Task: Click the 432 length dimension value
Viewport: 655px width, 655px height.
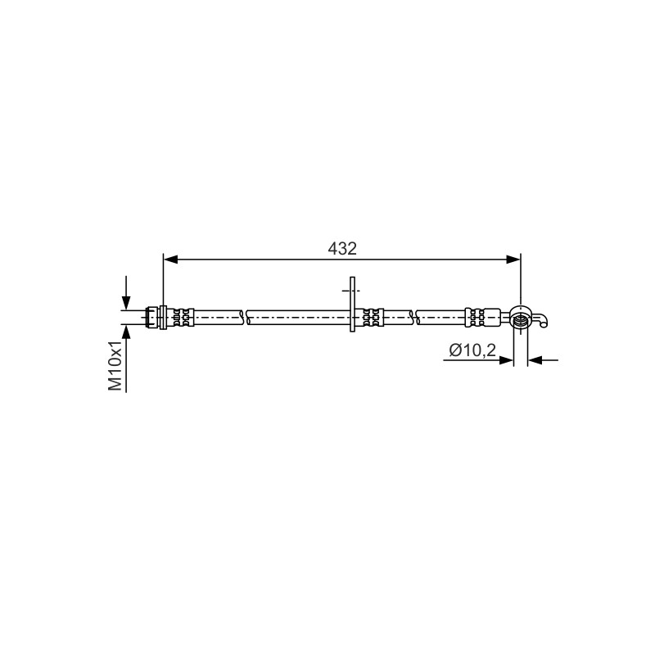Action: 342,249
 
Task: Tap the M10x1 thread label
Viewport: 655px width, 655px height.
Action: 115,365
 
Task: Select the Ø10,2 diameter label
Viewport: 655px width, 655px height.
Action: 472,350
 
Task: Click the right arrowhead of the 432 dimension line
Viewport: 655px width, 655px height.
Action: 513,260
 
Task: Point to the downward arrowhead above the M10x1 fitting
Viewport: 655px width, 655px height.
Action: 126,302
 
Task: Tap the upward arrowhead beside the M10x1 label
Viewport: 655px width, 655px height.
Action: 126,332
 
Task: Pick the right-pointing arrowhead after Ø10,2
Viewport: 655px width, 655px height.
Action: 506,360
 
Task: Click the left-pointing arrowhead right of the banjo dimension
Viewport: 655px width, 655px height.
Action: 535,360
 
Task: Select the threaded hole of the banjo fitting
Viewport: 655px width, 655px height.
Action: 520,321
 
